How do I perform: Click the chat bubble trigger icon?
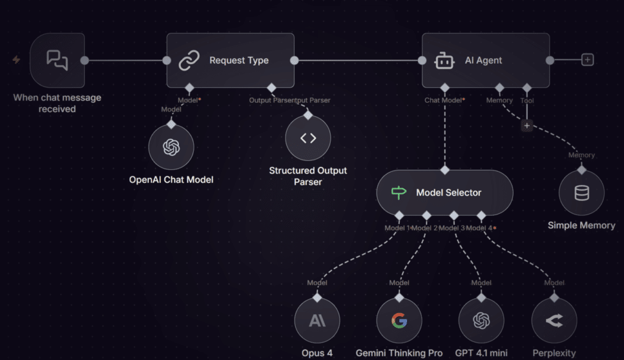(x=57, y=60)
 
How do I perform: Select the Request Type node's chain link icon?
(x=189, y=60)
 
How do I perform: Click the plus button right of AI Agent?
(x=587, y=60)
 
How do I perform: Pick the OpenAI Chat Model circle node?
(x=171, y=148)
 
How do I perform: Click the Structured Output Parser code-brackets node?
(x=308, y=138)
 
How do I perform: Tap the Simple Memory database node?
(x=581, y=193)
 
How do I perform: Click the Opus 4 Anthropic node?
(x=317, y=320)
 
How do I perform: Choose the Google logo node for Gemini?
(x=399, y=320)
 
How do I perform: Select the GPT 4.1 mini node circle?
(x=481, y=320)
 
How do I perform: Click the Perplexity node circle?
(x=553, y=320)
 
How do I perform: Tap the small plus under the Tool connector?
(x=527, y=125)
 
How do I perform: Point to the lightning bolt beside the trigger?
(x=16, y=60)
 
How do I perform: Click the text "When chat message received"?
(x=57, y=103)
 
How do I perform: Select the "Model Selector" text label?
(x=448, y=192)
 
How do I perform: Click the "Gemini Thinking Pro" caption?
(x=399, y=353)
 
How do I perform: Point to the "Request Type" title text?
(x=239, y=60)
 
